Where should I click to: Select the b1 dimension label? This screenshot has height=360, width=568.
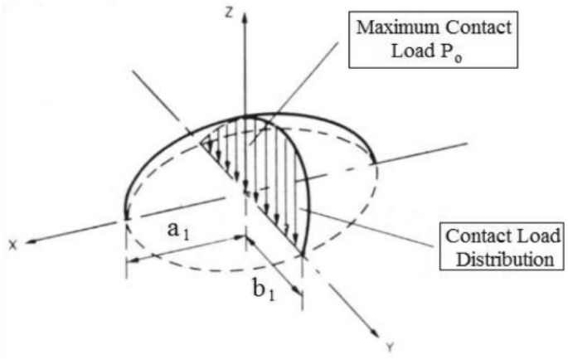[x=265, y=291]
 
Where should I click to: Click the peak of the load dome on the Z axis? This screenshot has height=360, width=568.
[x=245, y=116]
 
